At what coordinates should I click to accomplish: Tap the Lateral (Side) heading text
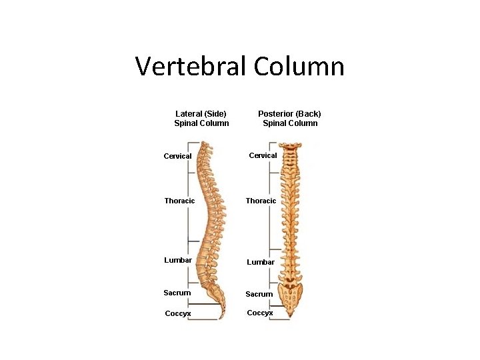tap(201, 113)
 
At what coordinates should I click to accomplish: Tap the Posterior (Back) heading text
tap(289, 113)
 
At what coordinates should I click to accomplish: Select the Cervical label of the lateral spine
tap(177, 156)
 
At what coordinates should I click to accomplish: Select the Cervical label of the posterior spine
tap(263, 155)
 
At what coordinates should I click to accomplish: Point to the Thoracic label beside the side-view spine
tap(179, 201)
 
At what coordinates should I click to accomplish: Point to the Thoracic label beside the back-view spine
tap(261, 201)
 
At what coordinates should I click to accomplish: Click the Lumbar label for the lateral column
tap(178, 260)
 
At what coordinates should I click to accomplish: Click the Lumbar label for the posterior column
tap(261, 262)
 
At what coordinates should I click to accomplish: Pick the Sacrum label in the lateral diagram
tap(177, 293)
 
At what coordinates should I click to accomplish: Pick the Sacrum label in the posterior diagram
tap(259, 294)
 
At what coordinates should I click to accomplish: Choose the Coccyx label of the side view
tap(178, 313)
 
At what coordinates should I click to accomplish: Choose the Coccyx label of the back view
tap(260, 313)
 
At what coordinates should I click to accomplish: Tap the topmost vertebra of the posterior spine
tap(289, 145)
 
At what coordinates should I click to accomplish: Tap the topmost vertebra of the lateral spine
tap(206, 145)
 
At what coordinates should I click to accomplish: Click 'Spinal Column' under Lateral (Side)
tap(201, 123)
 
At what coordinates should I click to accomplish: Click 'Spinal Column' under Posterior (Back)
tap(290, 123)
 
